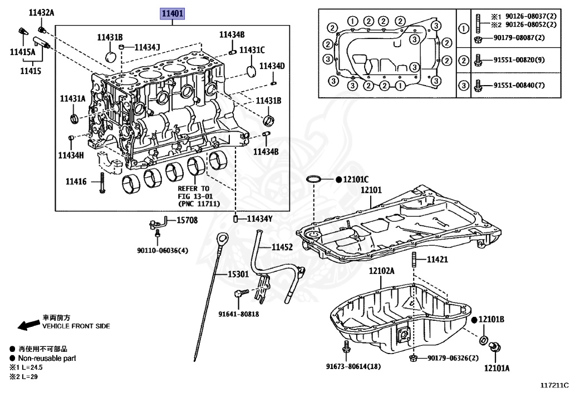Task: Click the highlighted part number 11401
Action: point(172,14)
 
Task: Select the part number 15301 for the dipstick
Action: point(239,274)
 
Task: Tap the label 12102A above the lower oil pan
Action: point(381,271)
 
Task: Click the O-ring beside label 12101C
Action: point(314,180)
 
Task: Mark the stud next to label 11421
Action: point(414,260)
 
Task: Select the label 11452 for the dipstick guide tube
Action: point(282,247)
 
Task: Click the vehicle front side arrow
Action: point(26,325)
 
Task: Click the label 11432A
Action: point(42,12)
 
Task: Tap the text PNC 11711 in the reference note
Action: point(199,204)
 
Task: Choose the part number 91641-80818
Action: point(239,314)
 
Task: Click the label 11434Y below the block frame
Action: point(259,218)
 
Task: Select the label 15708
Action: point(187,221)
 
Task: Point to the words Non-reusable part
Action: point(47,359)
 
